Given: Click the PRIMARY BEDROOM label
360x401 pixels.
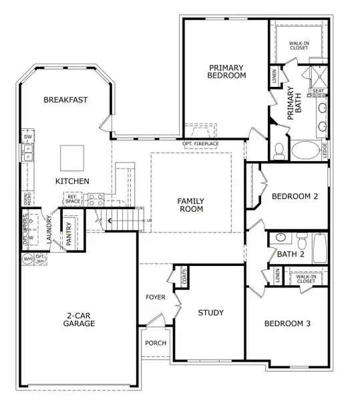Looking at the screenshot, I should point(226,72).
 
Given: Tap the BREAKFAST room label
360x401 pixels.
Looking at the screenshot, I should point(65,100).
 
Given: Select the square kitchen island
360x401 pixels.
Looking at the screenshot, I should point(72,158).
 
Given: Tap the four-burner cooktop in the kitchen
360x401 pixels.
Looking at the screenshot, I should point(96,198).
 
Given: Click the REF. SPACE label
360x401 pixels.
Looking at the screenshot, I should point(72,198).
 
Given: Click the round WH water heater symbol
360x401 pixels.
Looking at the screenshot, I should point(27,258).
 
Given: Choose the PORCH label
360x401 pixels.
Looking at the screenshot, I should point(156,343).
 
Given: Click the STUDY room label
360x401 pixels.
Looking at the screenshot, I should point(210,313).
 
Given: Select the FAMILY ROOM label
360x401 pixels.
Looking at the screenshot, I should point(190,205).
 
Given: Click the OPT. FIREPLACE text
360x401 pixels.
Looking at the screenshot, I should point(200,144).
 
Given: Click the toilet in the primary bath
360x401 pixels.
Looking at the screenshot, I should point(279,148).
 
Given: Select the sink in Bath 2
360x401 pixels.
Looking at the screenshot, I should point(281,237).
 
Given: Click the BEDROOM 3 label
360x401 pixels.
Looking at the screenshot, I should point(287,324).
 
